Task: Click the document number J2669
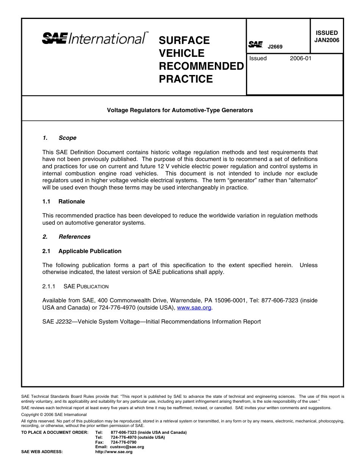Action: [x=275, y=47]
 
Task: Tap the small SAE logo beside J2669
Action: [x=255, y=45]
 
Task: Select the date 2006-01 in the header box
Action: [x=301, y=58]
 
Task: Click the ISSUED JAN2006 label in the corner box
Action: [x=327, y=37]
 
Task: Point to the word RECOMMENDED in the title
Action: [x=201, y=66]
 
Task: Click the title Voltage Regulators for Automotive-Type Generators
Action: [x=180, y=110]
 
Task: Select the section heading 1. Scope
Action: [x=59, y=138]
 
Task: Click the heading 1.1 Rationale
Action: [x=63, y=202]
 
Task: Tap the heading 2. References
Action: [x=66, y=237]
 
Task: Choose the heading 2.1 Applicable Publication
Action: [x=82, y=251]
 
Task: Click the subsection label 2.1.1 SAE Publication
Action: [x=75, y=286]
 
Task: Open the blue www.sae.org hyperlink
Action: [x=194, y=308]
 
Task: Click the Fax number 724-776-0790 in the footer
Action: [x=124, y=442]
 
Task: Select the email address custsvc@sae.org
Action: [x=127, y=447]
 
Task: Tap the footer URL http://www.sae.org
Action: [x=114, y=452]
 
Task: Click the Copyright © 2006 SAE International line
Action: [x=54, y=415]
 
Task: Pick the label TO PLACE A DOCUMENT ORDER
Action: [x=55, y=432]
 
